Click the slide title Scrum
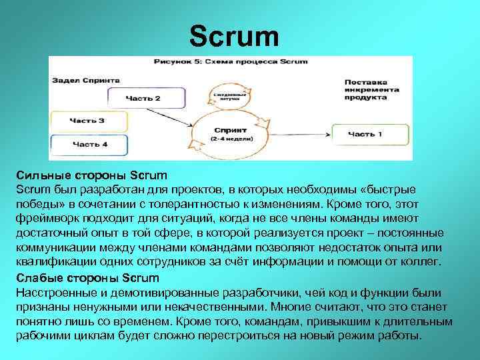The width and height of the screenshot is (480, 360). pyautogui.click(x=234, y=37)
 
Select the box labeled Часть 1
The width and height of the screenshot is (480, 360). pyautogui.click(x=365, y=134)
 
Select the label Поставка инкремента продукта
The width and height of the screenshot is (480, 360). pyautogui.click(x=372, y=89)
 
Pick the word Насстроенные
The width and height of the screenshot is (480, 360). pyautogui.click(x=56, y=293)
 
